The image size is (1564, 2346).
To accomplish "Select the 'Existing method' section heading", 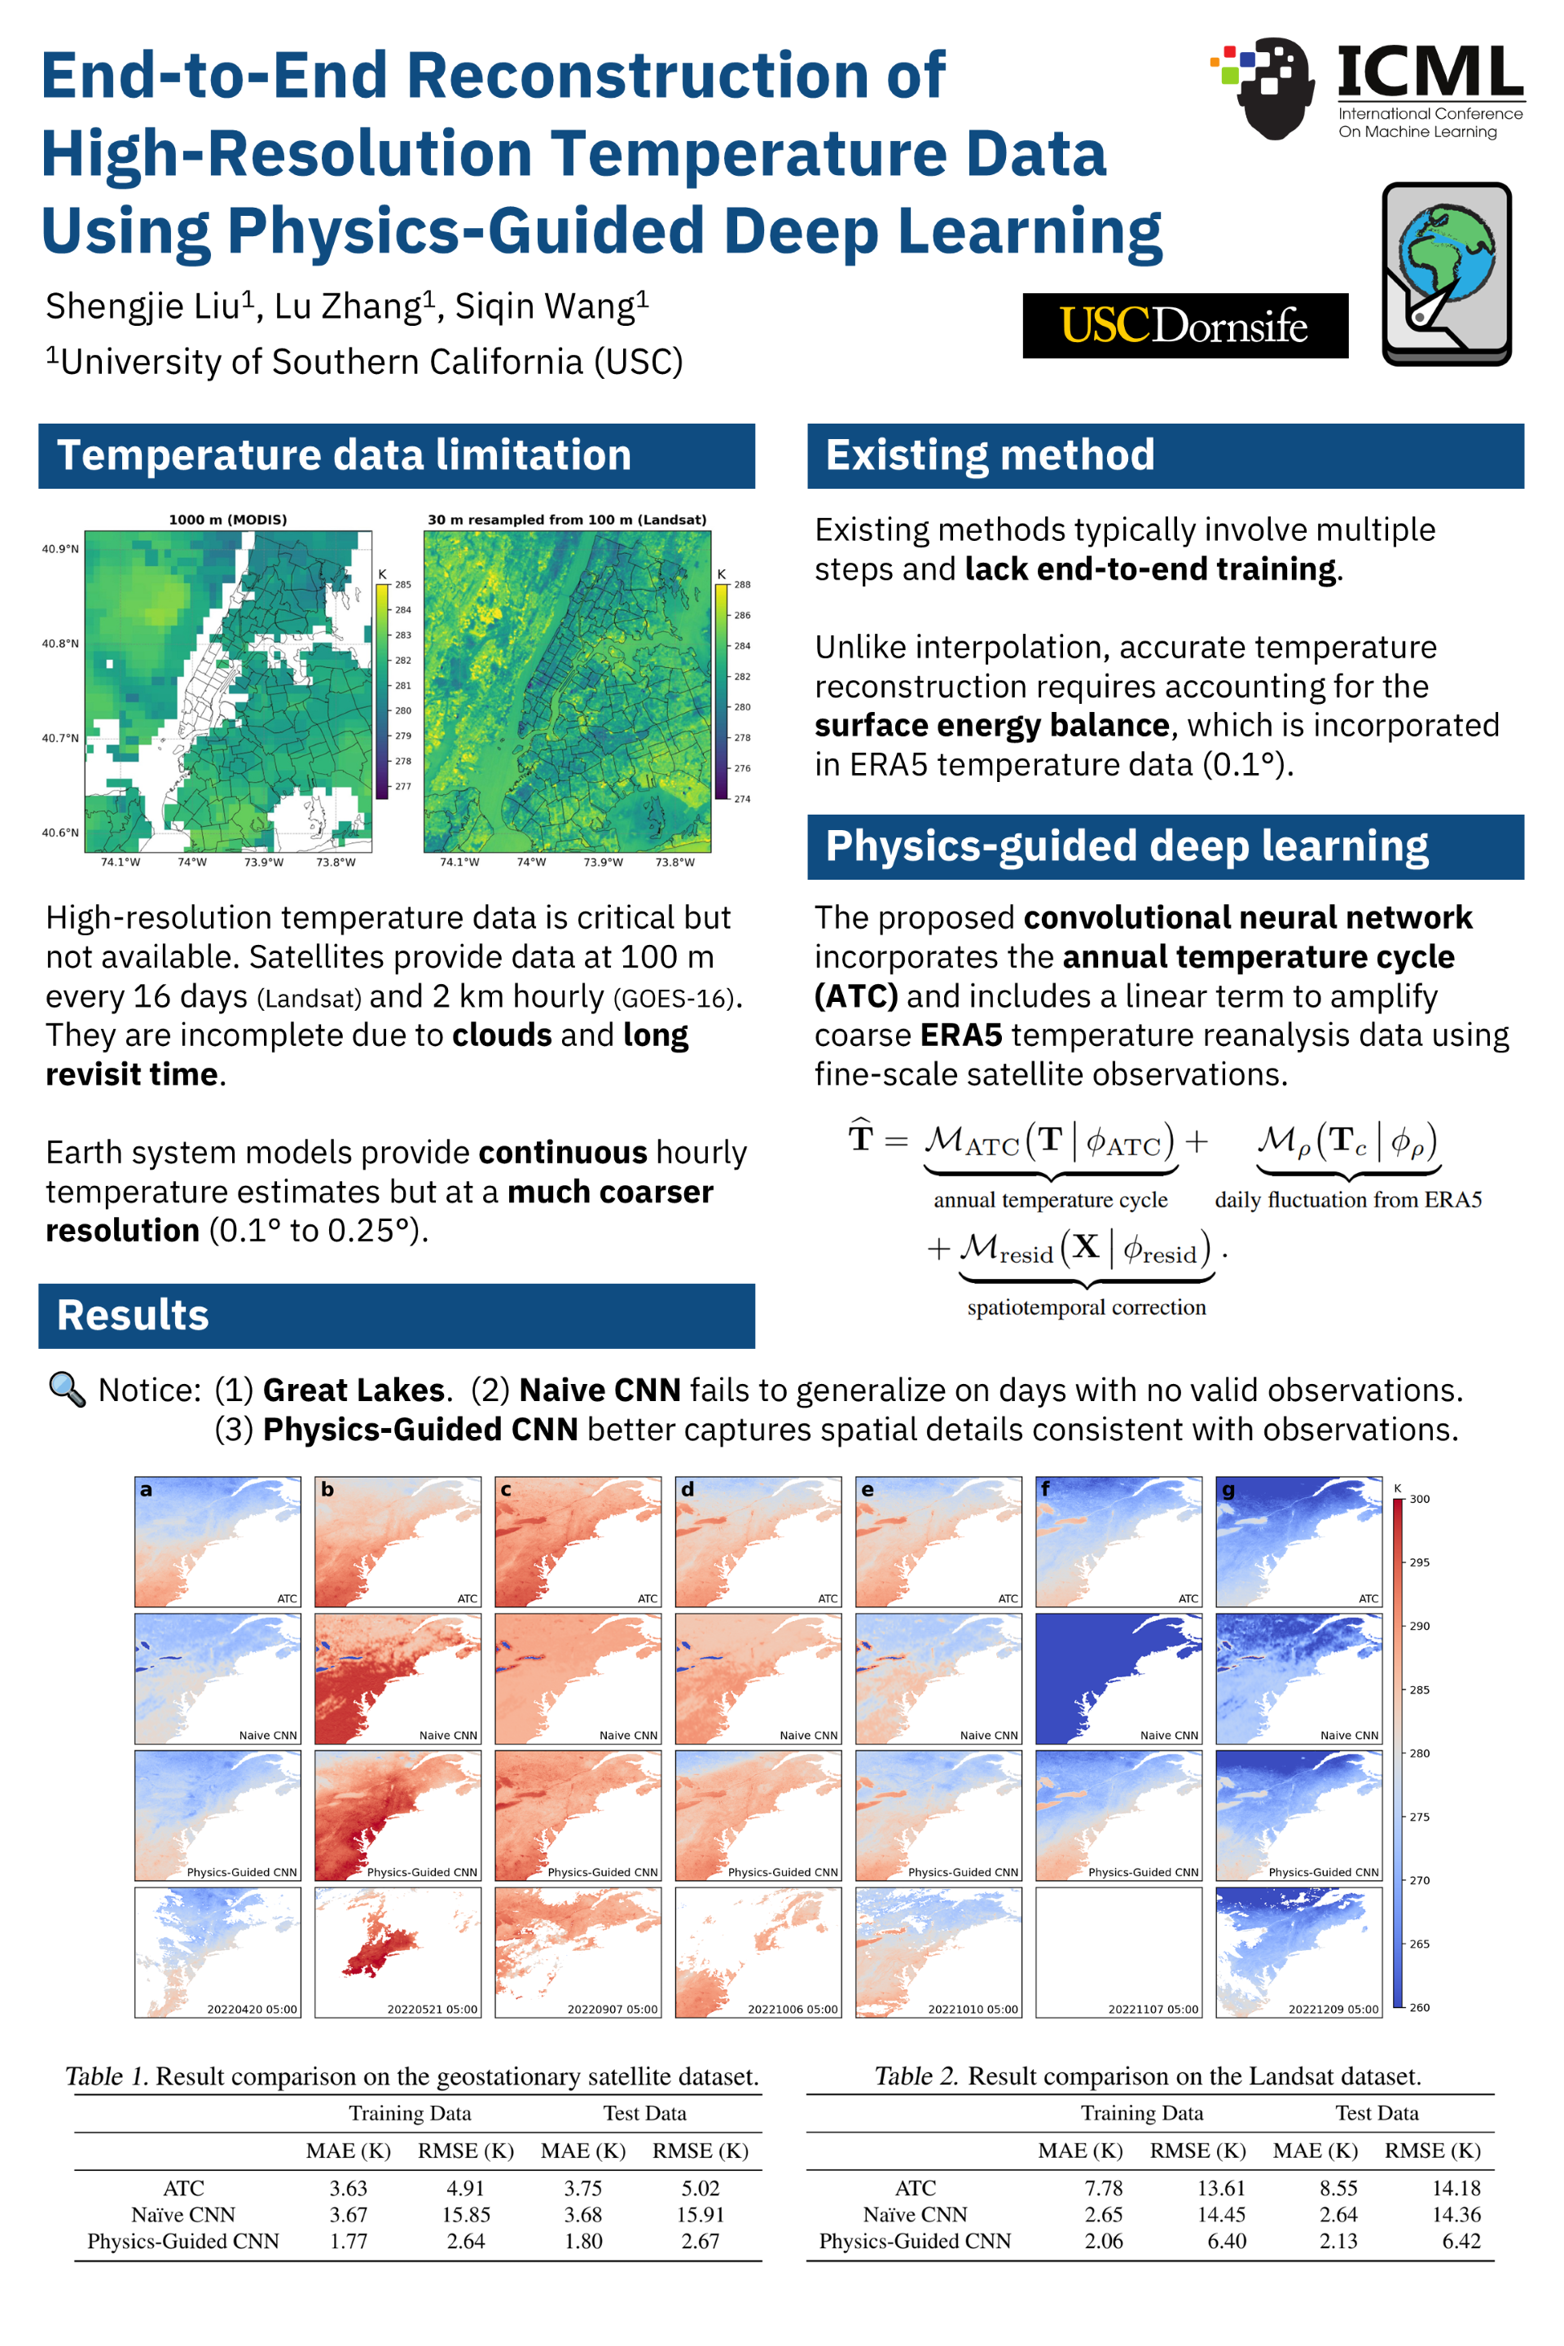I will [x=990, y=456].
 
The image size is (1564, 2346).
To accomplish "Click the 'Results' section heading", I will [x=133, y=1316].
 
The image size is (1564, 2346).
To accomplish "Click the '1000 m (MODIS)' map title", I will [x=227, y=520].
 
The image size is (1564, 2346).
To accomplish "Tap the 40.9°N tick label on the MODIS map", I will [x=59, y=548].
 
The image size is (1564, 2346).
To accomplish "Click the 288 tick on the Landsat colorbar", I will [x=742, y=585].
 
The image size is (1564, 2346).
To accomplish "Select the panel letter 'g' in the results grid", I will [x=1229, y=1490].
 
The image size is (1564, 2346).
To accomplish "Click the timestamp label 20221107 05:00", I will [x=1153, y=2009].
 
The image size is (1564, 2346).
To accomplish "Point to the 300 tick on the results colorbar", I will [x=1419, y=1499].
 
